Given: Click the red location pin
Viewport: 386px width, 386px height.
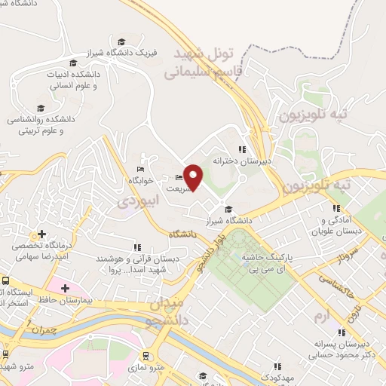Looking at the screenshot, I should click(x=194, y=176).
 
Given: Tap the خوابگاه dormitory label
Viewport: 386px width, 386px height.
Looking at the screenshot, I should click(x=141, y=181).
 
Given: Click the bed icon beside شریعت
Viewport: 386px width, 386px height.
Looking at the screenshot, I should click(x=179, y=178).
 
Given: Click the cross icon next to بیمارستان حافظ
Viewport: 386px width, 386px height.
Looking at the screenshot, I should click(x=65, y=288).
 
